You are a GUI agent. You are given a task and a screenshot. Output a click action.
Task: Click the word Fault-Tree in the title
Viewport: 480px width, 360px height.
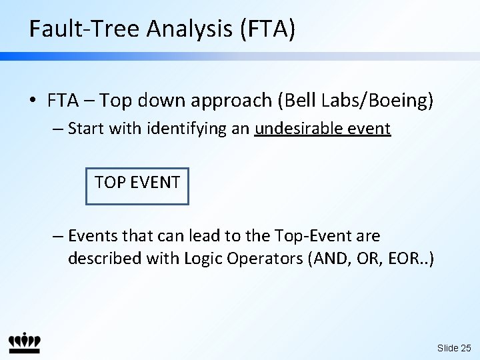(84, 28)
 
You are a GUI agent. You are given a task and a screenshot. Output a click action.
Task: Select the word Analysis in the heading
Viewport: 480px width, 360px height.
(189, 29)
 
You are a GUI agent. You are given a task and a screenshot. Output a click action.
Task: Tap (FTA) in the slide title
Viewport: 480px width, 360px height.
(268, 29)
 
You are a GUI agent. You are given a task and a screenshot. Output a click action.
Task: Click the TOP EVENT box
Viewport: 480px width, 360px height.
(137, 186)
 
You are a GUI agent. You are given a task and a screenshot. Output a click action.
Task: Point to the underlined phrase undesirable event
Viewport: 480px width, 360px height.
(323, 129)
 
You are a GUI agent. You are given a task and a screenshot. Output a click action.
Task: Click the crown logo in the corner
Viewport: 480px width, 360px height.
(25, 343)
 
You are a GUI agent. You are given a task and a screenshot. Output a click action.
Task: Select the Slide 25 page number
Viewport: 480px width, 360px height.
(454, 348)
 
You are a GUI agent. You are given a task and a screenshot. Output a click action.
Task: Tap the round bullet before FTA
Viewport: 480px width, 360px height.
(33, 100)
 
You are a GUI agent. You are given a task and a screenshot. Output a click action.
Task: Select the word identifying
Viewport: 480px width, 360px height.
(187, 129)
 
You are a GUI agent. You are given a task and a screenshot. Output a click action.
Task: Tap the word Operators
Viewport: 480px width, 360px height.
(265, 259)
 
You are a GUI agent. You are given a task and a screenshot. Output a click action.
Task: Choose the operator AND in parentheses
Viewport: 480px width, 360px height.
(331, 259)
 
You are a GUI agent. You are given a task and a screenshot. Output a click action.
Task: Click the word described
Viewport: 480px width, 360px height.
(105, 259)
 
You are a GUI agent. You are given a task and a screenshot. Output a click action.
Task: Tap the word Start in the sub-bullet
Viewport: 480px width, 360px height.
(86, 129)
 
